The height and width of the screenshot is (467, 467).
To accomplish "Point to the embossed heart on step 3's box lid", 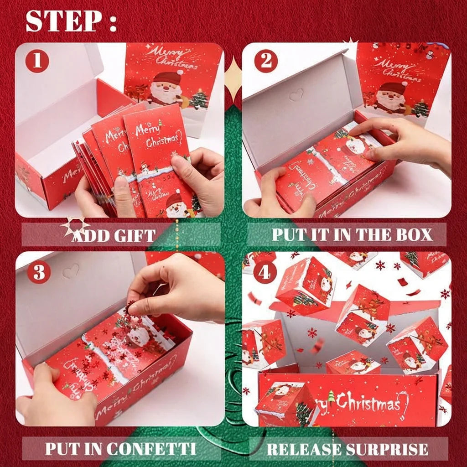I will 71,272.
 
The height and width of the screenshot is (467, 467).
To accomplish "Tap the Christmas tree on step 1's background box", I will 199,99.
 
